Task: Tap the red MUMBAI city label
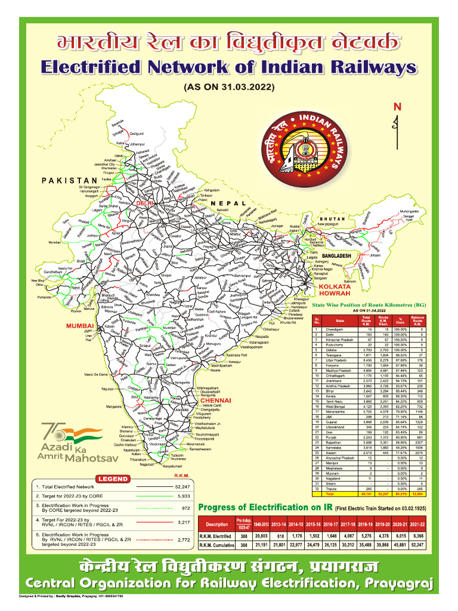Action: [81, 326]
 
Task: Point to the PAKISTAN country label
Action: [69, 180]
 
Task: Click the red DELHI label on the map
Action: [145, 203]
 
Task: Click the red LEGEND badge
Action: [113, 479]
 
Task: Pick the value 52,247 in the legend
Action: [182, 487]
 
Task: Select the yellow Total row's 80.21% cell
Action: [401, 495]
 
